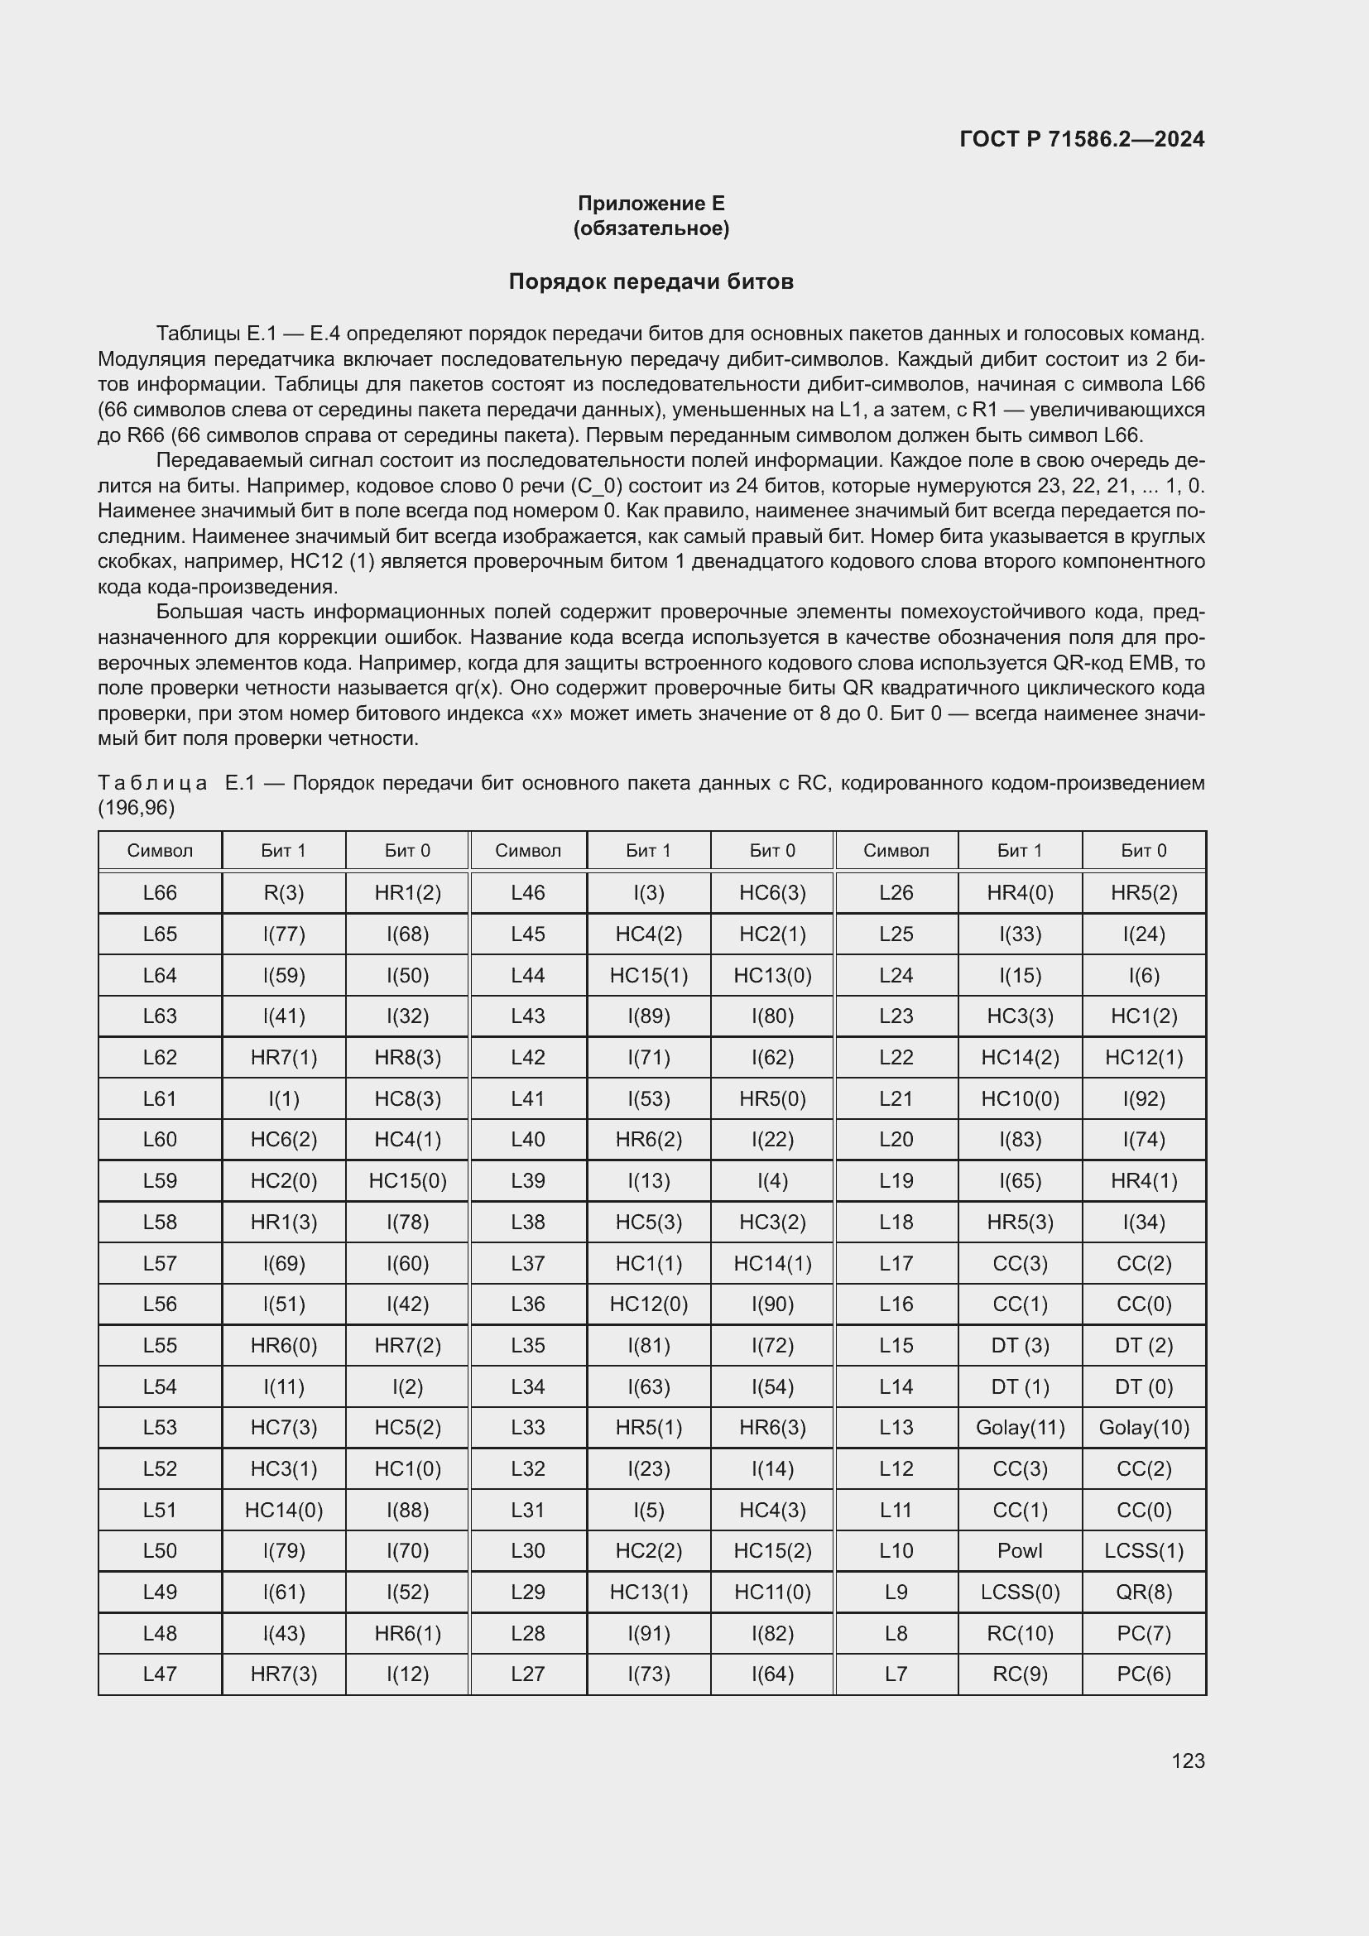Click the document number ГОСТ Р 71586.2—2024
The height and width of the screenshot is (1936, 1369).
pos(1082,139)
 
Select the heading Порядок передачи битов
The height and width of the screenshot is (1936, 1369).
pos(651,281)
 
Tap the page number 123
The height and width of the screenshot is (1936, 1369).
pos(1188,1761)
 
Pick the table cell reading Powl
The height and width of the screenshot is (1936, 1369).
pos(1019,1550)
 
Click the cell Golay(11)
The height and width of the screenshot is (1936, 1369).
pos(1019,1427)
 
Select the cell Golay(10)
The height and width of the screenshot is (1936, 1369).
pos(1143,1427)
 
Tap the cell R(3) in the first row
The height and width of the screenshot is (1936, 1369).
pos(283,892)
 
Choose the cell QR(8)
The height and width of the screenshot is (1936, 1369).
pos(1143,1592)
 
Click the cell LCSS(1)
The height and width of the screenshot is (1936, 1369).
pos(1143,1550)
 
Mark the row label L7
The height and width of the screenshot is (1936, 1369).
pos(896,1674)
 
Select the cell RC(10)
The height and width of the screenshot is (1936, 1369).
pos(1019,1633)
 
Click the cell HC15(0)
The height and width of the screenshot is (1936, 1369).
pos(407,1180)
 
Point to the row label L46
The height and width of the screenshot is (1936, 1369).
pos(528,892)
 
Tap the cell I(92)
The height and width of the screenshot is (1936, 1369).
pos(1143,1098)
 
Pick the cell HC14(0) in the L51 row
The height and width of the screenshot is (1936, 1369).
pos(283,1510)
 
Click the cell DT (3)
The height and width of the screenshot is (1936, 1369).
pos(1019,1345)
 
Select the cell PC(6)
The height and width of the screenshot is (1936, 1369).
pos(1143,1674)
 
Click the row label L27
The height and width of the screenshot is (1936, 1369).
pos(528,1674)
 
